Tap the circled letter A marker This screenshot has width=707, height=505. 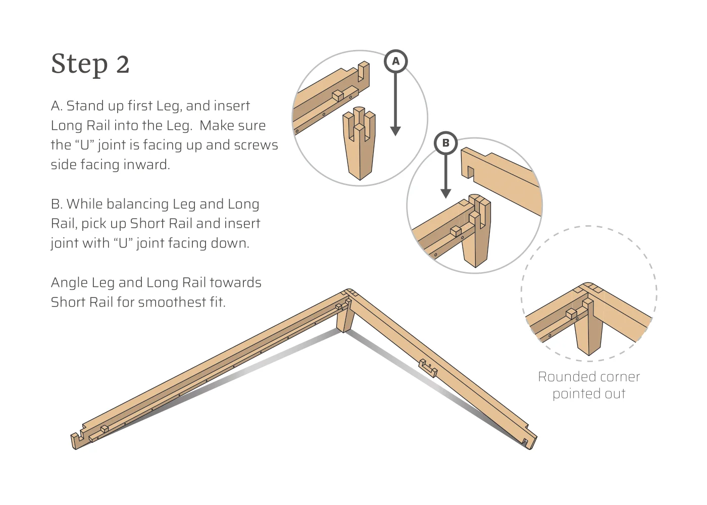click(x=395, y=61)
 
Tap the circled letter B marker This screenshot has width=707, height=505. click(x=445, y=143)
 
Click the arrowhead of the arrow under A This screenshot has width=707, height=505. click(x=395, y=131)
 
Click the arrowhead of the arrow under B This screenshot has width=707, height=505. click(x=445, y=193)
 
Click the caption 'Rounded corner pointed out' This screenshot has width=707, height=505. click(x=589, y=385)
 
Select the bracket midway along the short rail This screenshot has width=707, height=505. click(x=428, y=368)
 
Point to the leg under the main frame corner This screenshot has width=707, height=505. click(x=345, y=318)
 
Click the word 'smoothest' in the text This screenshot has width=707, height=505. click(x=172, y=302)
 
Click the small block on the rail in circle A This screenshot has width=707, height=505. click(x=338, y=95)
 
